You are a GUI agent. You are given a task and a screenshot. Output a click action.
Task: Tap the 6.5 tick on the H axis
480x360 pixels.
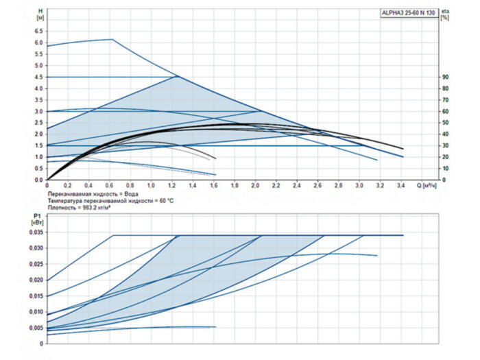(39, 31)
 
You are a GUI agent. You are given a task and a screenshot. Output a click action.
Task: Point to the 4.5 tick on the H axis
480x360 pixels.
(39, 77)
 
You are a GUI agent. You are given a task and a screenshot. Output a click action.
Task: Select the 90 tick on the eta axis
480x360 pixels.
(446, 77)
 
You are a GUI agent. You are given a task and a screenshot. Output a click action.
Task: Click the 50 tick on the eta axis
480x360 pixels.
(446, 123)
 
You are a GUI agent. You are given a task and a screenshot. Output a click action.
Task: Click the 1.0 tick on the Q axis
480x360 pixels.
(152, 186)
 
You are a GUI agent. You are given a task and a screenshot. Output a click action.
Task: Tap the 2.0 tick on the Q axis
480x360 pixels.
(256, 186)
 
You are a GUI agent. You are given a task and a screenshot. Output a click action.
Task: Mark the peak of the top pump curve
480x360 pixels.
(112, 39)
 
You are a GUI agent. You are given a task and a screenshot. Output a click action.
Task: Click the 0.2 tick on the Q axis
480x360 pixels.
(68, 186)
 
